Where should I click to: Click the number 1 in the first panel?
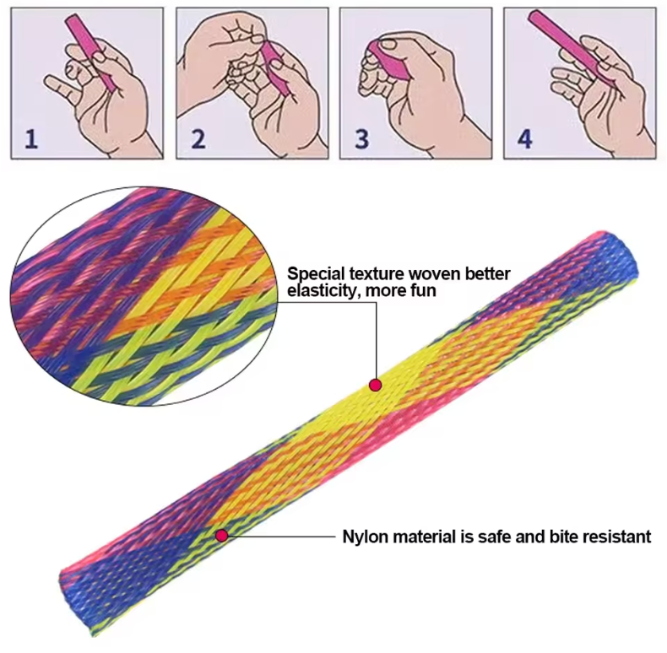tap(31, 139)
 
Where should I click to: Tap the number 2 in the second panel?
tap(198, 139)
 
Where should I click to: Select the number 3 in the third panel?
tap(362, 139)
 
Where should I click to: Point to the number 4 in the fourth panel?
tap(525, 139)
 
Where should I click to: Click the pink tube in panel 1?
tap(90, 52)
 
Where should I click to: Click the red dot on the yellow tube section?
tap(375, 386)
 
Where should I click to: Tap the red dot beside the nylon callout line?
tap(221, 536)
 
